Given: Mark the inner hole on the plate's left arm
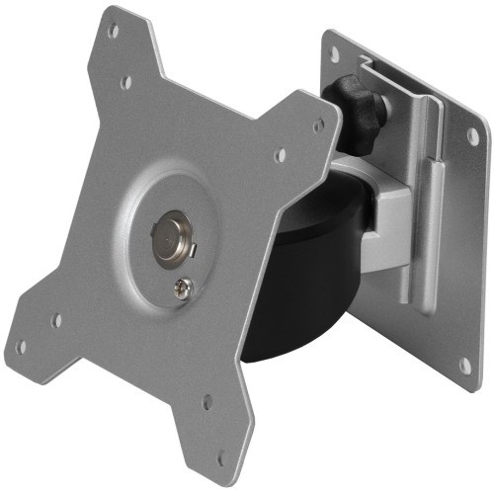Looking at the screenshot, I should (57, 320).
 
